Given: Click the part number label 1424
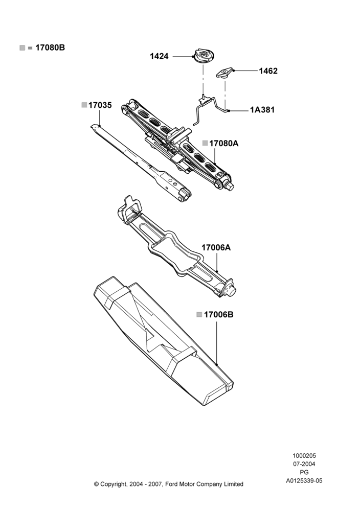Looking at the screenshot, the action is tap(159, 56).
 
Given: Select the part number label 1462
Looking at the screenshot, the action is tap(268, 71).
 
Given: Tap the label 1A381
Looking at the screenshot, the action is tap(262, 110).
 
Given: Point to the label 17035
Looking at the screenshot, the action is tap(100, 105).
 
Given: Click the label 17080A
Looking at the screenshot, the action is tap(223, 144).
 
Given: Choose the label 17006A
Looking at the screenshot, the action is tap(216, 248).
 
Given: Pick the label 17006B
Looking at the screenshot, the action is tap(218, 315).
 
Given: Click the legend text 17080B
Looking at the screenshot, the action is tap(50, 48).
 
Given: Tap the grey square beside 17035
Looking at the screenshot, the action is tap(84, 105).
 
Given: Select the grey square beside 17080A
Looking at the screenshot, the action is tap(205, 143).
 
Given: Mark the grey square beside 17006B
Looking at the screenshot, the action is tap(199, 314).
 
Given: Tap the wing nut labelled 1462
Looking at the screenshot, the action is tap(224, 73).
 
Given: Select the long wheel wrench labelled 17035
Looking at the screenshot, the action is tap(141, 162).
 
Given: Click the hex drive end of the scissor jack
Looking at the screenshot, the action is tap(230, 187).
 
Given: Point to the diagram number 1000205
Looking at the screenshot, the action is tap(304, 456).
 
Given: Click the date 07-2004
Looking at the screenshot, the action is tap(304, 464).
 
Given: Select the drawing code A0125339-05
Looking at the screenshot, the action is tap(304, 481).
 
